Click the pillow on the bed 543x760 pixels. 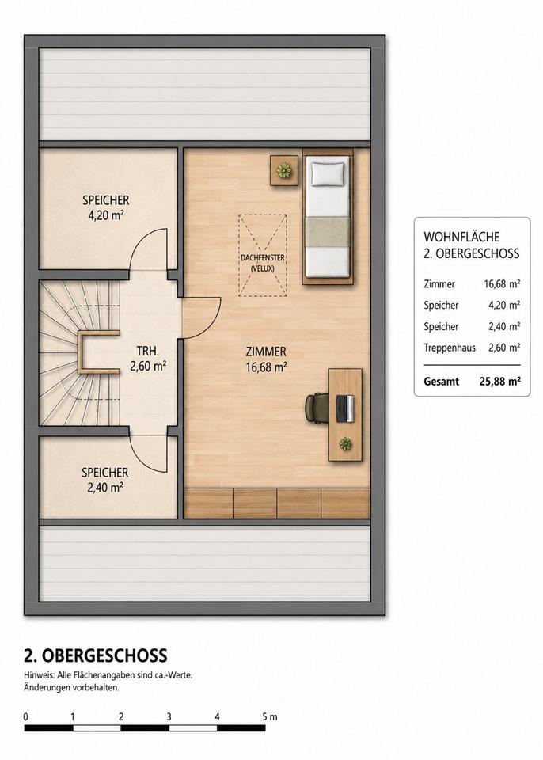328,174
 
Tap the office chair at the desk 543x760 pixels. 314,408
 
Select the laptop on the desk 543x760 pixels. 345,408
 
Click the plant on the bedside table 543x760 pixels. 283,170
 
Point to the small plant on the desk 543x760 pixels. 345,443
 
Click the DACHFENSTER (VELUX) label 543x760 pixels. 263,263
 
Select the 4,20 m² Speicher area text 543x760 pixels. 106,215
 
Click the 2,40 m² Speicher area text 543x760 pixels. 104,488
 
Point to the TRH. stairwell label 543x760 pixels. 148,351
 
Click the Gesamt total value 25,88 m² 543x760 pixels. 499,382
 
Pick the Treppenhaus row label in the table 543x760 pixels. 450,348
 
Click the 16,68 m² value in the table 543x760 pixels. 502,284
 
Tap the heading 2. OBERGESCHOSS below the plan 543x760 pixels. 96,655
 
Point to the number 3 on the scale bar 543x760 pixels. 169,716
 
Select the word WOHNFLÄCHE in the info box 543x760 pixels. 461,237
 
